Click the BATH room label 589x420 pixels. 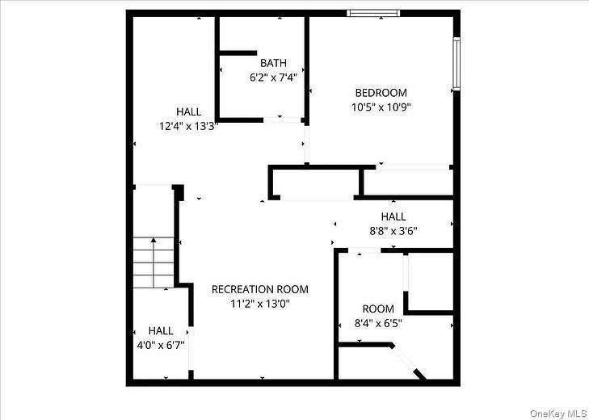point(273,63)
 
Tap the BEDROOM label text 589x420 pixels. point(379,93)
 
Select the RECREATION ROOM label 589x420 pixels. point(259,289)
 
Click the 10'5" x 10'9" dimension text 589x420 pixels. point(379,107)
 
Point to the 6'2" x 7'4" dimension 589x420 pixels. point(273,78)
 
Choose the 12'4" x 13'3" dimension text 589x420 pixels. point(189,125)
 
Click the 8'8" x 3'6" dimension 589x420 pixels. point(393,230)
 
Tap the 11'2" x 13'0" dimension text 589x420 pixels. point(259,304)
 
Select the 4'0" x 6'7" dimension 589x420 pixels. point(160,344)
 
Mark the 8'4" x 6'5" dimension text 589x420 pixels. point(377,323)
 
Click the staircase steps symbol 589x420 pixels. point(154,262)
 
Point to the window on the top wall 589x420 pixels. point(373,13)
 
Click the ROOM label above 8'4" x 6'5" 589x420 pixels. point(378,309)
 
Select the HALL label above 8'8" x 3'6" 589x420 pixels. point(393,216)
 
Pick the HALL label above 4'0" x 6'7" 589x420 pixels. point(160,330)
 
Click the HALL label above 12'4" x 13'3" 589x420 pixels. point(189,111)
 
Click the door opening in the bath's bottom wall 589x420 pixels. point(283,120)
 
